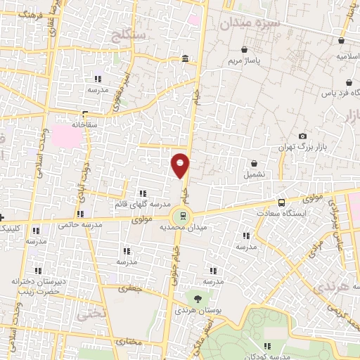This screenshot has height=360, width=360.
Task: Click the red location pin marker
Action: [181, 165]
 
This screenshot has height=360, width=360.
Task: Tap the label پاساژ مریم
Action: [243, 62]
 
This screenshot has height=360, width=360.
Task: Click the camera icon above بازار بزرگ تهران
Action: [302, 136]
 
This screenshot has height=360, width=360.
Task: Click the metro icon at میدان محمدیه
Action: [184, 216]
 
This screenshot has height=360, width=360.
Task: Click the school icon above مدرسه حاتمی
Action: [82, 214]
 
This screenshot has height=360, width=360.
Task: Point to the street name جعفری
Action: [133, 288]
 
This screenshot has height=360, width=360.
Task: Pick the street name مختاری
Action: [129, 342]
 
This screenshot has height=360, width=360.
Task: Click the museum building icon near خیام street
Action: [184, 58]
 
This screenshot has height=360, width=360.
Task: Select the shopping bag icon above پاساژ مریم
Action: [243, 51]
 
